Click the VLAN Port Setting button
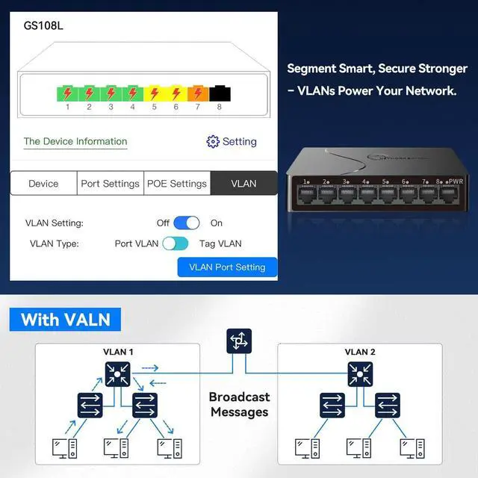point(227,267)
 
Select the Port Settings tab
point(111,184)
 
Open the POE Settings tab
point(176,184)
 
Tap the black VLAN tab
point(243,184)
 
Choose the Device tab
point(43,184)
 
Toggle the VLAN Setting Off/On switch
point(187,223)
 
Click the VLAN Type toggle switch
point(176,243)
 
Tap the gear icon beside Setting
point(213,142)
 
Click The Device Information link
point(75,141)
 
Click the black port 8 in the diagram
point(220,94)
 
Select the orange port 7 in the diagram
point(198,94)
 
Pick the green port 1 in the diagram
point(67,94)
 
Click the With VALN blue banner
point(65,320)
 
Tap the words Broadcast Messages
point(239,404)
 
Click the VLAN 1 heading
point(118,352)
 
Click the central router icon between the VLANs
point(239,341)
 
